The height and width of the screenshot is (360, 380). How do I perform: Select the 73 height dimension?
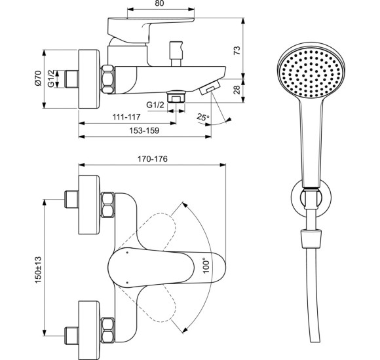coord(237,50)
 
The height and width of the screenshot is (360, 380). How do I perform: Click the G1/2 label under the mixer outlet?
coord(155,104)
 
